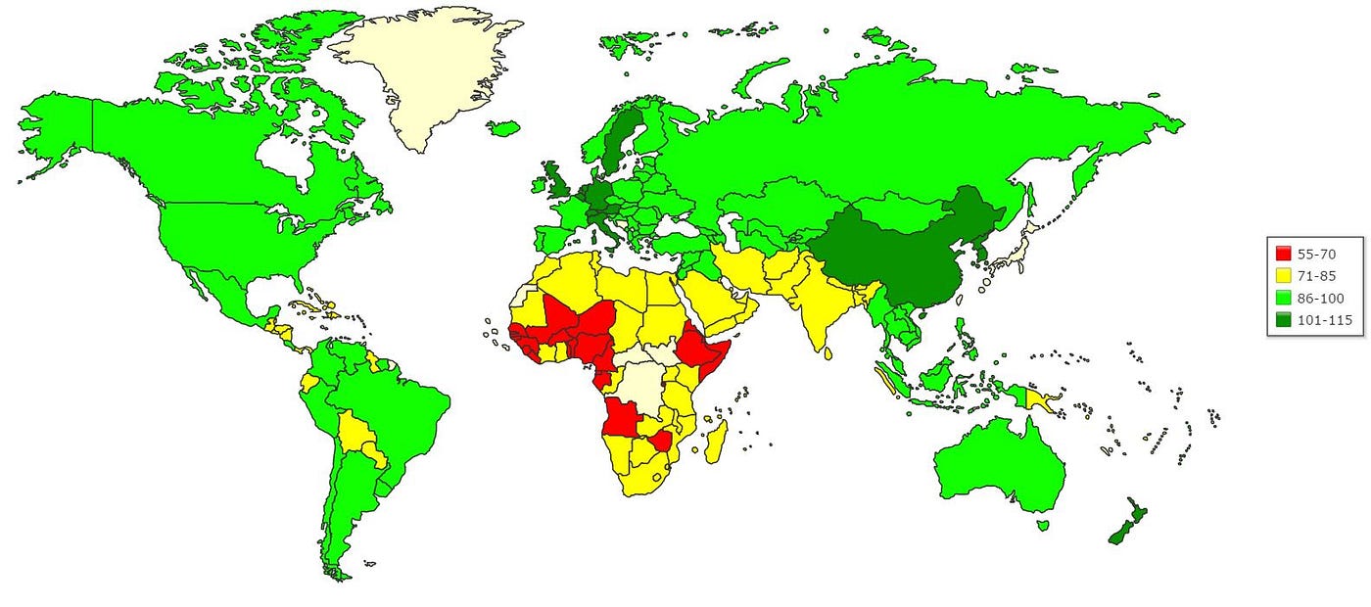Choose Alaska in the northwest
[x=59, y=137]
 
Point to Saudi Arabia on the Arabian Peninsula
[x=710, y=299]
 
